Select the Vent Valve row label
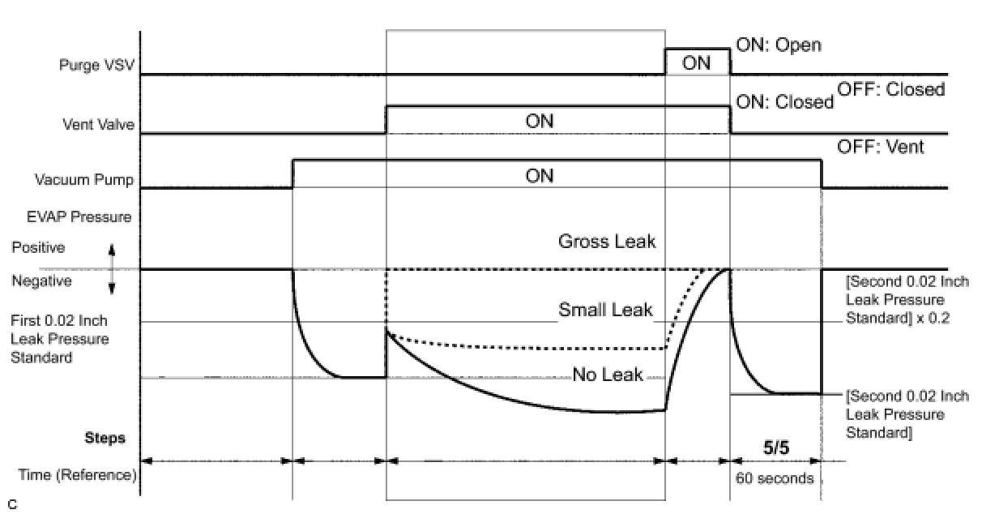(99, 126)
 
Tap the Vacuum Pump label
(83, 180)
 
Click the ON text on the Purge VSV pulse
(696, 62)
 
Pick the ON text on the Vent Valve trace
(540, 121)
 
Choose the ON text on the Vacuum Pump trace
(540, 176)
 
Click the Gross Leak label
(606, 241)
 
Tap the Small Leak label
(604, 310)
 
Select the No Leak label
(608, 375)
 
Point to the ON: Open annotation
(778, 45)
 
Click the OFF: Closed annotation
(890, 89)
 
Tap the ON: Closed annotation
(783, 102)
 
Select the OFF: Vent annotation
(881, 148)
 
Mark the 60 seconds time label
(775, 478)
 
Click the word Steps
(105, 439)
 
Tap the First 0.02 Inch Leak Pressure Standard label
(60, 339)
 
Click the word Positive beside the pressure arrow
(38, 247)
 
